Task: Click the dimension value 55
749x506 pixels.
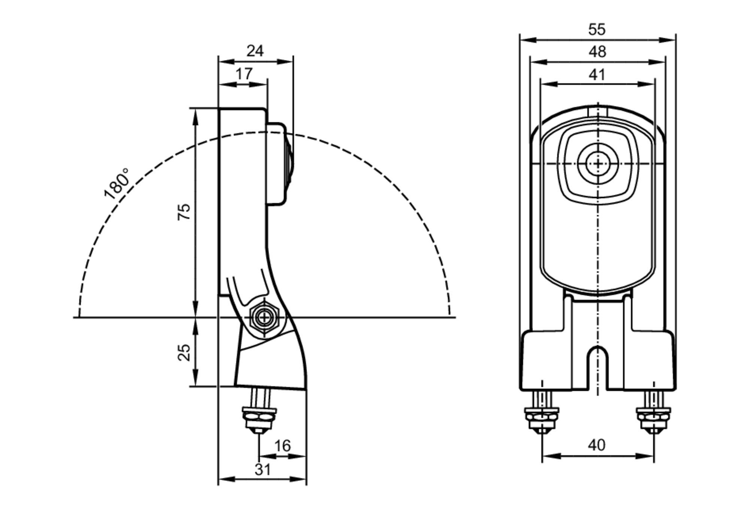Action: [x=597, y=30]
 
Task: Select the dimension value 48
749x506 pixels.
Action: [x=597, y=52]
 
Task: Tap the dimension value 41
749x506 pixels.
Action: [x=597, y=75]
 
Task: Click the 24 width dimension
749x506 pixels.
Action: [x=255, y=51]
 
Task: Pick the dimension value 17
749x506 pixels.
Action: [x=244, y=74]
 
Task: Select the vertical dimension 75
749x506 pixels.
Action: [x=184, y=212]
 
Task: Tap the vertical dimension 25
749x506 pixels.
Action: [x=184, y=352]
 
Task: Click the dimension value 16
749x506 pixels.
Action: [x=282, y=446]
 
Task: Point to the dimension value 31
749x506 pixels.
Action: [x=262, y=469]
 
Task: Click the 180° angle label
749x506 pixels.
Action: [x=117, y=183]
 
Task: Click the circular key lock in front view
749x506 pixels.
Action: [x=598, y=164]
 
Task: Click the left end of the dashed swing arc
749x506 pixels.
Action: [x=79, y=315]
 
